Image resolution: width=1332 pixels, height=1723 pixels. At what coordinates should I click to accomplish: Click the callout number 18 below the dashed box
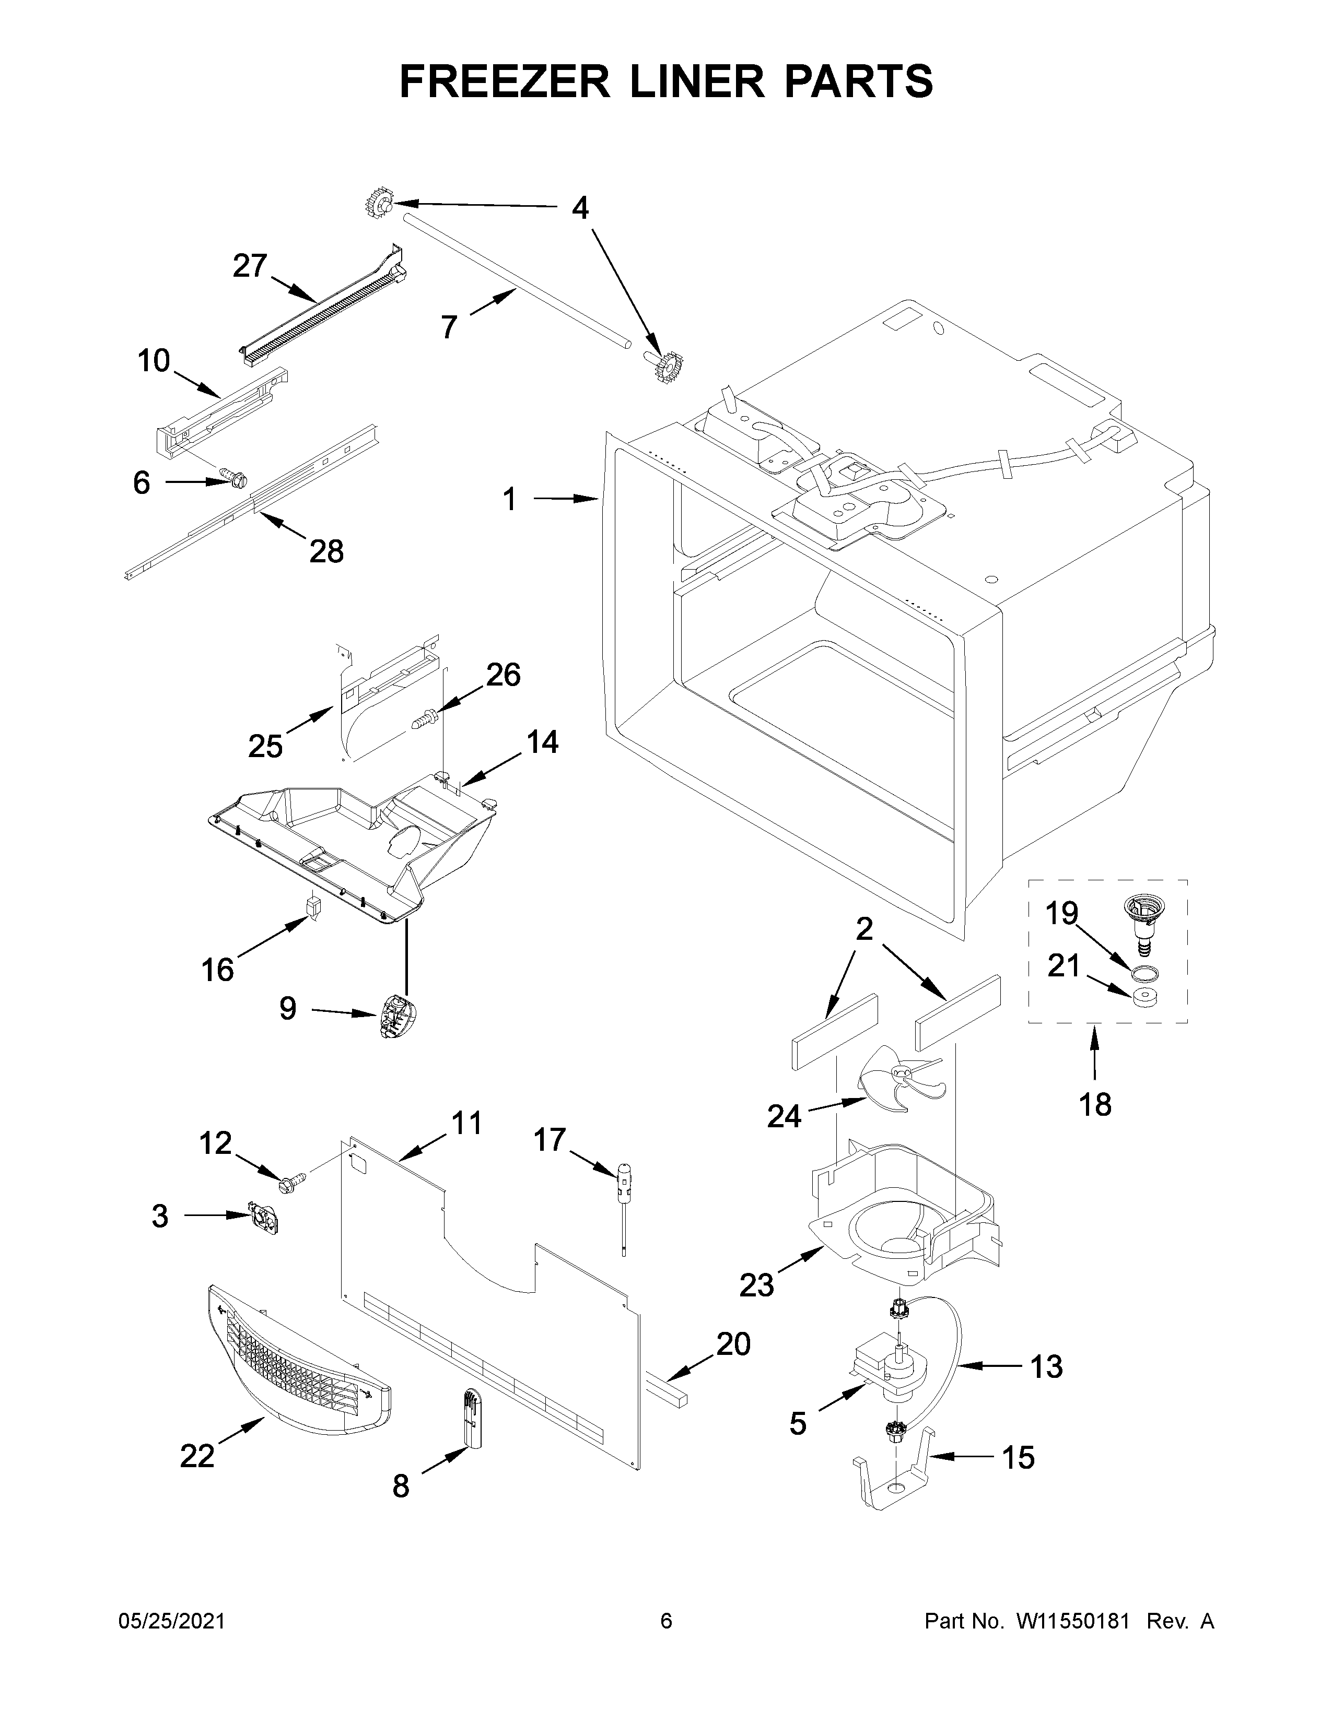tap(1094, 1104)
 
